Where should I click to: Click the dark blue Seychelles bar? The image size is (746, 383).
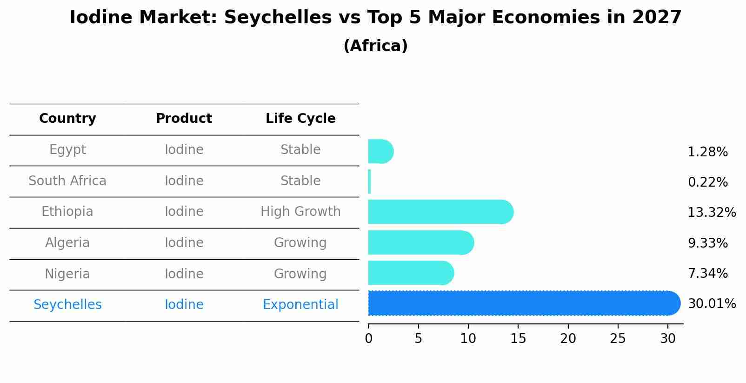pyautogui.click(x=521, y=303)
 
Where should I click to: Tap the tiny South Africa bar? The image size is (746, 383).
pyautogui.click(x=370, y=181)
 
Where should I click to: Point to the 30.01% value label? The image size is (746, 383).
pyautogui.click(x=711, y=304)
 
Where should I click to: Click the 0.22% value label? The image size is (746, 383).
pyautogui.click(x=707, y=182)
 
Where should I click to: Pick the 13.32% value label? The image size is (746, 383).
pyautogui.click(x=711, y=213)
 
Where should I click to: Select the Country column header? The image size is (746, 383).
pyautogui.click(x=67, y=119)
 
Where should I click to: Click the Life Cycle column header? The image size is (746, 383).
pyautogui.click(x=300, y=119)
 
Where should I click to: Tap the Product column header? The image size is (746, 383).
pyautogui.click(x=184, y=119)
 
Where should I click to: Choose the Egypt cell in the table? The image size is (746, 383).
pyautogui.click(x=67, y=150)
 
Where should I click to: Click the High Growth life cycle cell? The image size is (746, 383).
pyautogui.click(x=300, y=212)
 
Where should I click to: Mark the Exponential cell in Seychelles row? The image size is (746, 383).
pyautogui.click(x=300, y=305)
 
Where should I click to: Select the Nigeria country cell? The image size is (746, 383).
pyautogui.click(x=67, y=274)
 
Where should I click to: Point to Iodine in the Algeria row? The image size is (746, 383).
pyautogui.click(x=184, y=243)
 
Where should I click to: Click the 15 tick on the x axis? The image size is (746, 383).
pyautogui.click(x=518, y=338)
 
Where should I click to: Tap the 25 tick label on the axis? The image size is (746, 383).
pyautogui.click(x=618, y=338)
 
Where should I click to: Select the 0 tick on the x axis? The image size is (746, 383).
pyautogui.click(x=369, y=338)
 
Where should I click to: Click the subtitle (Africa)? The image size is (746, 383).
pyautogui.click(x=375, y=46)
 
